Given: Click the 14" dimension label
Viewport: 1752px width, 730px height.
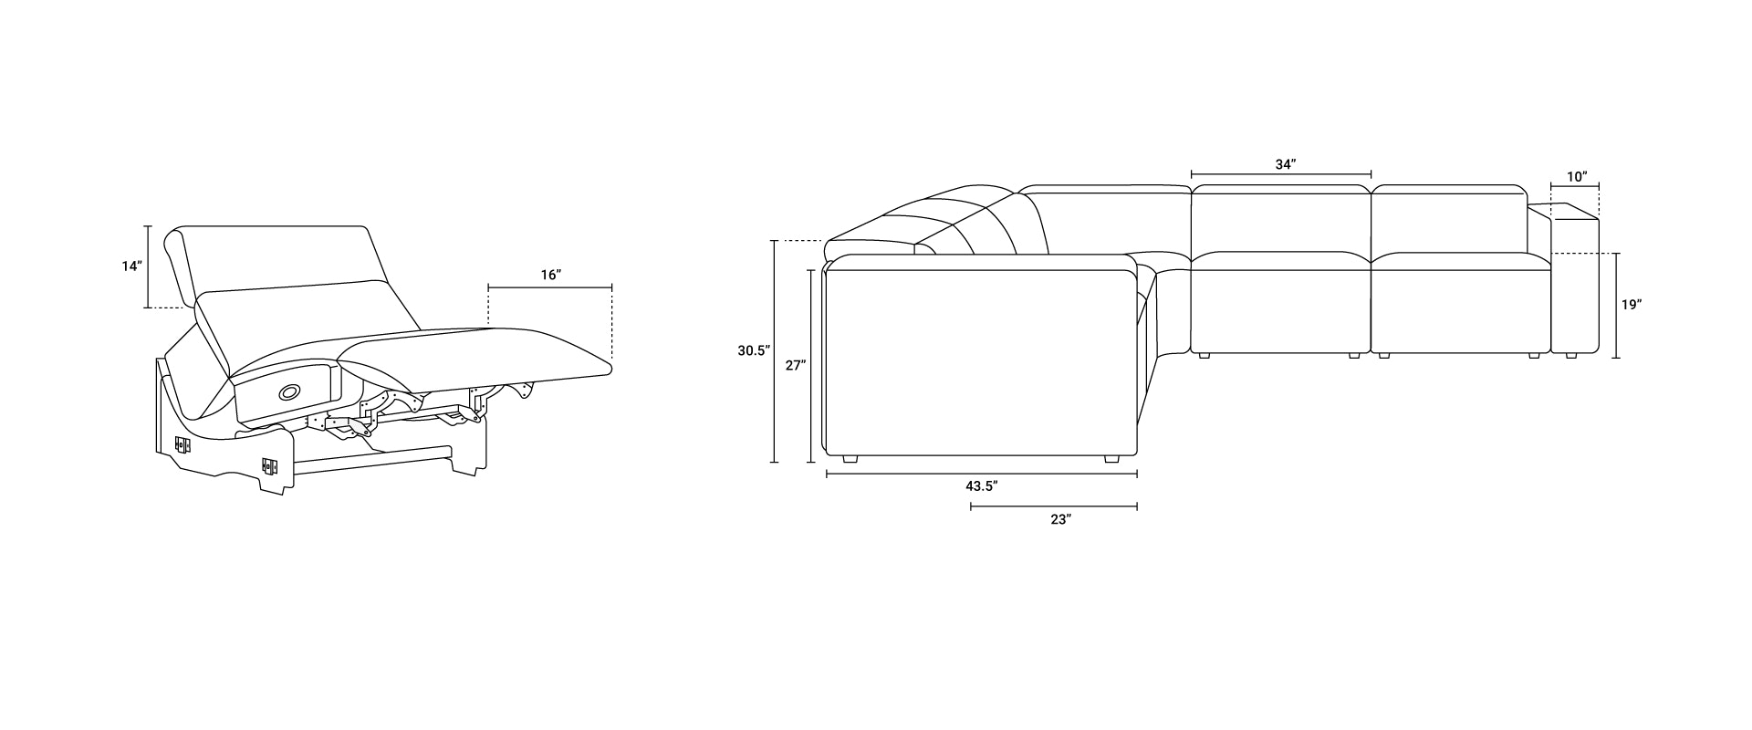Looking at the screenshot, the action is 132,266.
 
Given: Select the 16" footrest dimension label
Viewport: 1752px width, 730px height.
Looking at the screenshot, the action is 550,274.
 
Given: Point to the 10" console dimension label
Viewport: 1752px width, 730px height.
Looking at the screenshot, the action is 1577,176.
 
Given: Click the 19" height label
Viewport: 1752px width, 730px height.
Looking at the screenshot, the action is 1632,305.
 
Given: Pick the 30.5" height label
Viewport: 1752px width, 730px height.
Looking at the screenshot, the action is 755,349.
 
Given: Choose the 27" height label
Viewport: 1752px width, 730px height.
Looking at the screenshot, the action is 795,365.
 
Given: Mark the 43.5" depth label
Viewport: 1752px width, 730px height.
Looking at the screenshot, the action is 982,486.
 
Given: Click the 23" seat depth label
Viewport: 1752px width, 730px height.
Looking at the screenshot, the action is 1059,519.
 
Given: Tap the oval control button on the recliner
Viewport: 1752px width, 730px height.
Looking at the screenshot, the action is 289,391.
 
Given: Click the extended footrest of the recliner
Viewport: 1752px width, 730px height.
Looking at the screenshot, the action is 474,356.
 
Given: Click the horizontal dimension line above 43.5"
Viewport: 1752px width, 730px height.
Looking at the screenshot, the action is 982,474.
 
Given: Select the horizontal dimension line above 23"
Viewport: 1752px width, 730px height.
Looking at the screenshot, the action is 1054,506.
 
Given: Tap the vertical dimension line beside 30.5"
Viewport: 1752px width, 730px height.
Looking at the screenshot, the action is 774,351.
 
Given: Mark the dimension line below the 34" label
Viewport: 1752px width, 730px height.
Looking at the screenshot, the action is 1281,174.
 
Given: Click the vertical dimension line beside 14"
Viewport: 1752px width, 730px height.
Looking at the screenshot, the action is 147,266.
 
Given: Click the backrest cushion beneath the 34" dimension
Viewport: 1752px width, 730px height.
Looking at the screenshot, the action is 1281,219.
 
